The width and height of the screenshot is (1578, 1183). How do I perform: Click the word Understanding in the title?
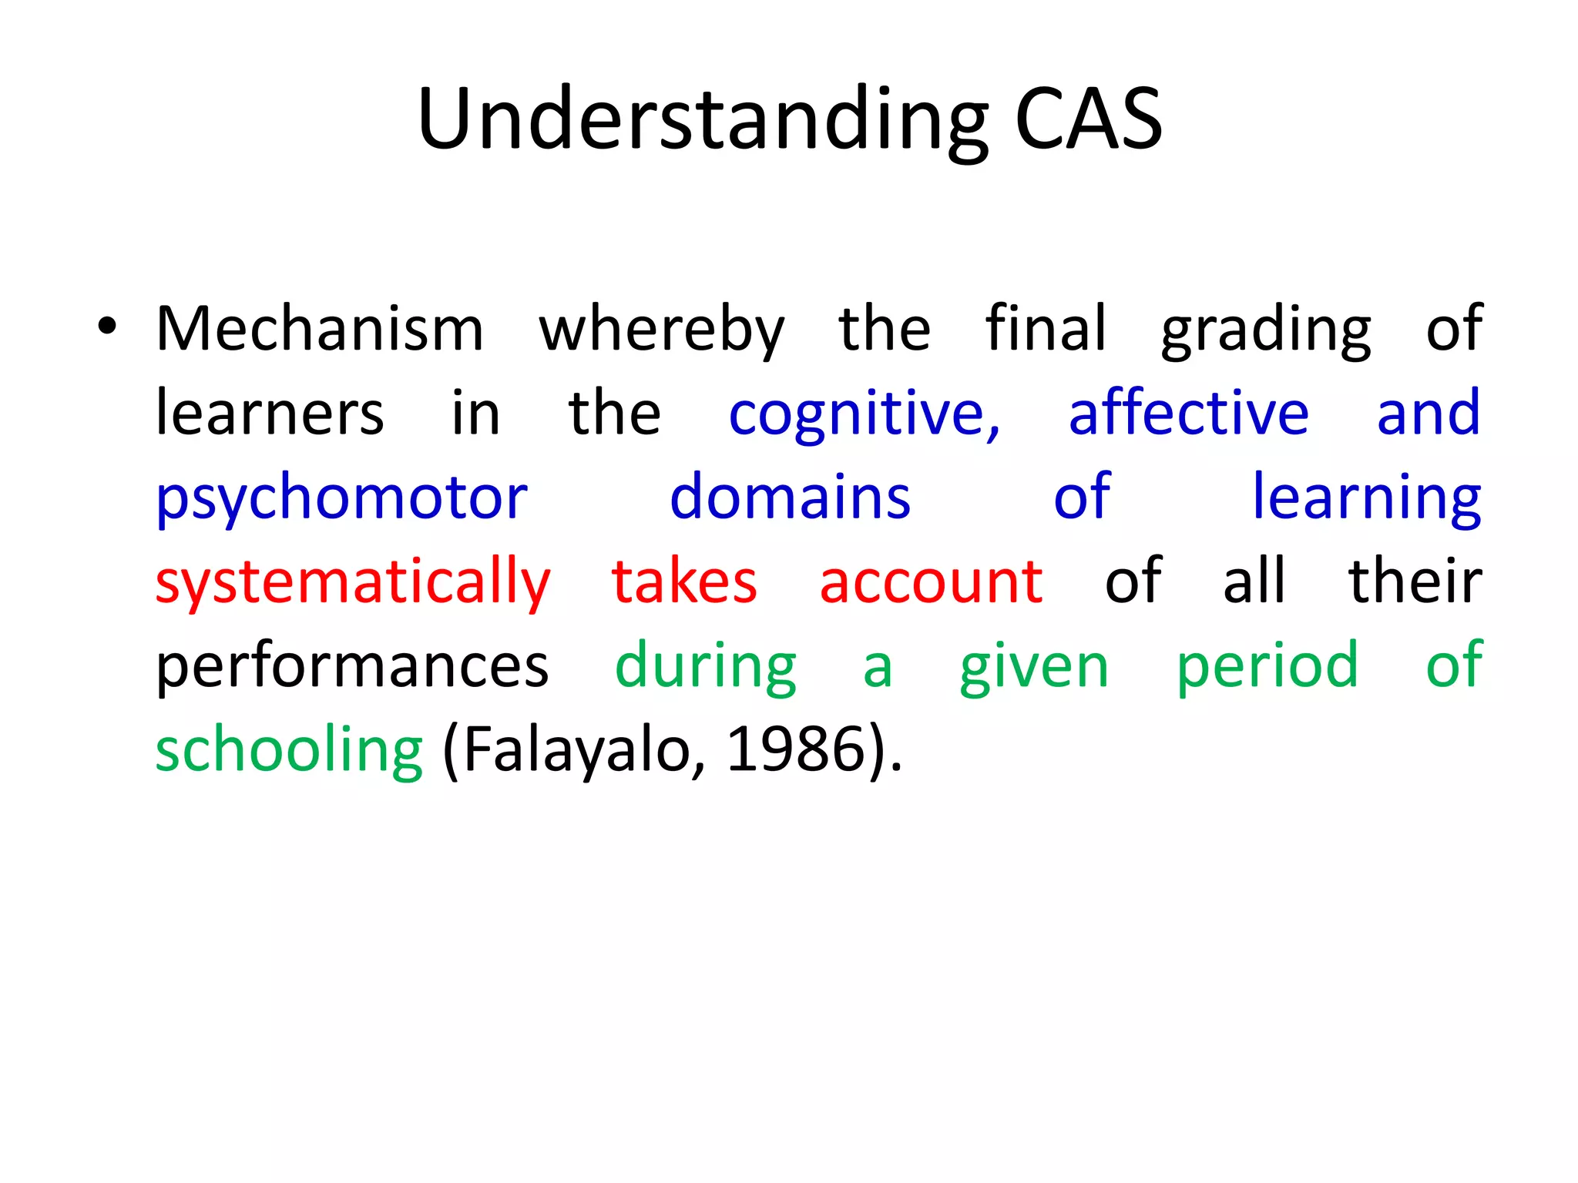[x=702, y=120]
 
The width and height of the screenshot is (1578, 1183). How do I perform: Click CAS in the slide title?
[x=1087, y=120]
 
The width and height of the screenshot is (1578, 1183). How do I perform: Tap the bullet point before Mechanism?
[x=107, y=327]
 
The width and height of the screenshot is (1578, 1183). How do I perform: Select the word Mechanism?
[x=320, y=330]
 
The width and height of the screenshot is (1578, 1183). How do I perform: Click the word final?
[x=1046, y=328]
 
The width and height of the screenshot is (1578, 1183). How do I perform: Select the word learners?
[x=270, y=414]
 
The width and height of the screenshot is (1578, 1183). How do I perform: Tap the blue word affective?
[x=1188, y=414]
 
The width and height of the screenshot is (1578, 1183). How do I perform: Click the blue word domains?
[x=790, y=498]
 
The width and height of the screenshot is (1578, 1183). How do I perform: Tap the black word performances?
[x=352, y=667]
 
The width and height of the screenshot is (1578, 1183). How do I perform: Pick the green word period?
[x=1267, y=667]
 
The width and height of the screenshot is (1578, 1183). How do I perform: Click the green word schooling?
[x=289, y=752]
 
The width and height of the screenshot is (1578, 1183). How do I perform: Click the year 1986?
[x=796, y=750]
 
